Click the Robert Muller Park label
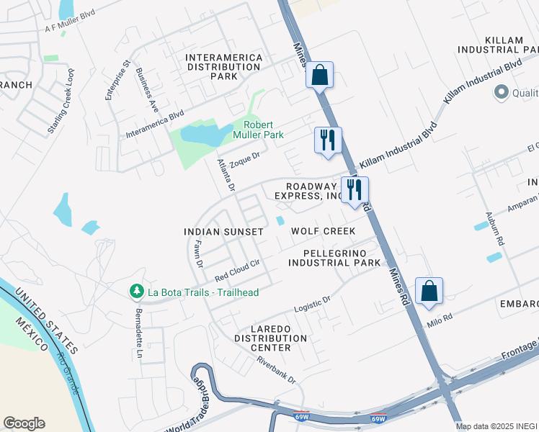pos(258,130)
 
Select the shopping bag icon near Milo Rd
pos(429,292)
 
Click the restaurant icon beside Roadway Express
pos(355,190)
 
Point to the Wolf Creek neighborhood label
pos(323,231)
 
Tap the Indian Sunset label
pos(223,232)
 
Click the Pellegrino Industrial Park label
pos(334,258)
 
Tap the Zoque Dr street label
pos(245,159)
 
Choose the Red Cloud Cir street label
pos(237,271)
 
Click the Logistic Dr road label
pos(312,304)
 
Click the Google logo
pos(24,423)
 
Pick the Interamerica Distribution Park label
pos(223,66)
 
